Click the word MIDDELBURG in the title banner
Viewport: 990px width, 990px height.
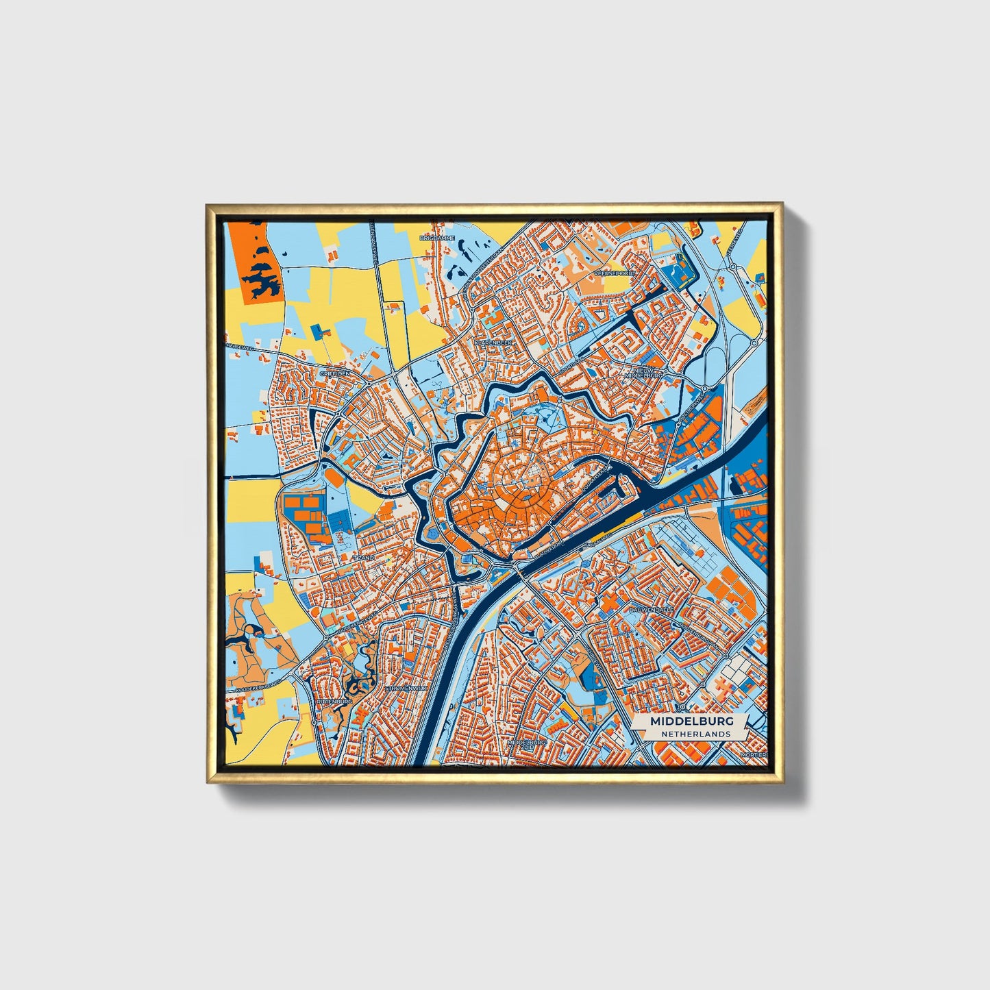691,721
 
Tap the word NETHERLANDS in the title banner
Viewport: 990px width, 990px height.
695,734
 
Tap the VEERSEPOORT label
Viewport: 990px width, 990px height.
615,272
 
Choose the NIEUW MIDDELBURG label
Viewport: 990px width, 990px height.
643,373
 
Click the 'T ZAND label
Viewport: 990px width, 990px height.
363,558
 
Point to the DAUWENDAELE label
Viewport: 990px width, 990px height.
652,608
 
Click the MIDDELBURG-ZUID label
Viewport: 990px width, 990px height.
527,745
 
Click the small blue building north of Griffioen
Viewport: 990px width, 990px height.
318,331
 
